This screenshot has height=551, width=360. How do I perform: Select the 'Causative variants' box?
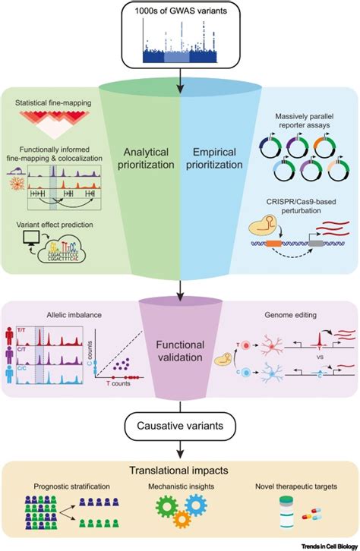(179, 426)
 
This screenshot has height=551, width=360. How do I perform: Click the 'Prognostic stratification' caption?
(62, 486)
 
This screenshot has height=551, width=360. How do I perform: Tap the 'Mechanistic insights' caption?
(179, 486)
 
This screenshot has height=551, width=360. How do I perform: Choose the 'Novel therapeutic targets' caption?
(298, 486)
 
